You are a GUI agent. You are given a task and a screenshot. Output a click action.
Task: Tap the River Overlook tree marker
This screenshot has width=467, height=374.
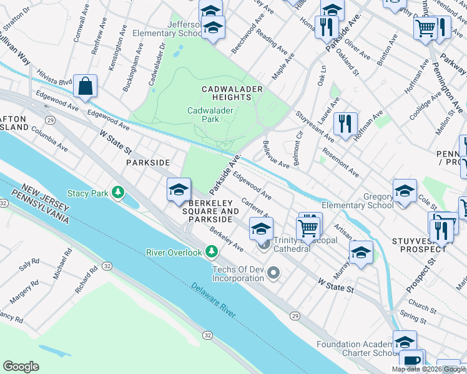pyautogui.click(x=212, y=252)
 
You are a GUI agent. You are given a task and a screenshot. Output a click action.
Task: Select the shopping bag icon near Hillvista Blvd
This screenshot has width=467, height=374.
pyautogui.click(x=85, y=87)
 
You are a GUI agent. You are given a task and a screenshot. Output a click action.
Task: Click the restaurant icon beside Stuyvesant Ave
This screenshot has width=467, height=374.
pyautogui.click(x=345, y=123)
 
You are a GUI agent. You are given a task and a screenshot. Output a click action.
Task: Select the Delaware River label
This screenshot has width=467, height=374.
pyautogui.click(x=214, y=300)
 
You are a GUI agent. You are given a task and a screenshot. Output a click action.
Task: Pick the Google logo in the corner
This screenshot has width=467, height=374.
pyautogui.click(x=21, y=367)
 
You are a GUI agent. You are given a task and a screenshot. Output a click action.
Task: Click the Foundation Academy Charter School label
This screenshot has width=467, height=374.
pyautogui.click(x=355, y=349)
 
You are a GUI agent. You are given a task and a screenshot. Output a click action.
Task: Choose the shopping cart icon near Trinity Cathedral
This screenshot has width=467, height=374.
pyautogui.click(x=308, y=229)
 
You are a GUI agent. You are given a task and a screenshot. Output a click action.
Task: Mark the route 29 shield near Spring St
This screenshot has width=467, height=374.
pyautogui.click(x=295, y=317)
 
